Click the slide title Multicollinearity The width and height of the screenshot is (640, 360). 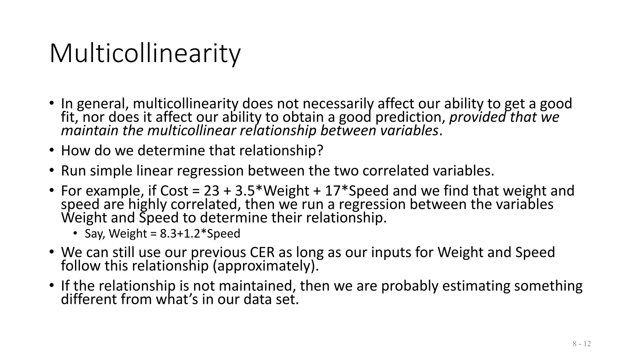(145, 54)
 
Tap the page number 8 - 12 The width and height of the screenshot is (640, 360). (582, 344)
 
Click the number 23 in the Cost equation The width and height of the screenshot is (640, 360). (211, 191)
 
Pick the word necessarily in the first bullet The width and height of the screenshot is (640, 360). (341, 104)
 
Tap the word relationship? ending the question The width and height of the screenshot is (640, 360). (281, 151)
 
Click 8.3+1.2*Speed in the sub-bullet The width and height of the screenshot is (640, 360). (200, 234)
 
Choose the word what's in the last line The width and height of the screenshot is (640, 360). (177, 299)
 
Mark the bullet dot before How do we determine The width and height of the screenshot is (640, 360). (52, 150)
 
